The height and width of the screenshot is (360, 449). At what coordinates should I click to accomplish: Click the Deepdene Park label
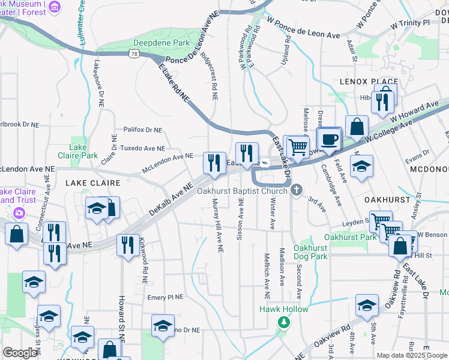click(x=161, y=43)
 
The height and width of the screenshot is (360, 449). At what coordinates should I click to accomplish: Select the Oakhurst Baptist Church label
click(x=243, y=191)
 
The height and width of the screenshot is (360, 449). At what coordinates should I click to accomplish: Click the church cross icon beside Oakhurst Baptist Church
click(x=295, y=191)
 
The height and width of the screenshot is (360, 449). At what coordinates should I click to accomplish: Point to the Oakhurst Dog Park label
click(x=311, y=252)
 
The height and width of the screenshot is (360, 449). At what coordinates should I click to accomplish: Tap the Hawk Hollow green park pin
click(x=284, y=322)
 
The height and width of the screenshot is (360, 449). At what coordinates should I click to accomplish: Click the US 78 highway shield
click(x=133, y=55)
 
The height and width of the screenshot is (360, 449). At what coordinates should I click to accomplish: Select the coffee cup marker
click(x=329, y=140)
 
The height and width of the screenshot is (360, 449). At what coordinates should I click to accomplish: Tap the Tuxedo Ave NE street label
click(x=143, y=148)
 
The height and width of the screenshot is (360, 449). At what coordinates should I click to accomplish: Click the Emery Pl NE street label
click(x=165, y=297)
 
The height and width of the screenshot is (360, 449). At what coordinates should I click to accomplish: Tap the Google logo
click(x=20, y=353)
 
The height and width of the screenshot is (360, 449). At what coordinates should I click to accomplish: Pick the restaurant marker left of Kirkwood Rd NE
click(x=127, y=245)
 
